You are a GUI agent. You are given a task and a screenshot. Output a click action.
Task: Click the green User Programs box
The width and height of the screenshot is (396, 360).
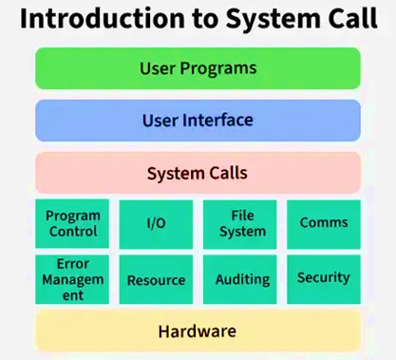(198, 68)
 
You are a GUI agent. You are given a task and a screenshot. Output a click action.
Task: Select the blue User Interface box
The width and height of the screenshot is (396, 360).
(198, 121)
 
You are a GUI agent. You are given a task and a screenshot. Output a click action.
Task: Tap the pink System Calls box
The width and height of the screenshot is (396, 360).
(198, 173)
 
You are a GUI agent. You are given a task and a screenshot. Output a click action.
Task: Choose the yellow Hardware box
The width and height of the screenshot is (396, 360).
(198, 332)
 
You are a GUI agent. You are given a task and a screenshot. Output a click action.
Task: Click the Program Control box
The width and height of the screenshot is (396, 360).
(72, 223)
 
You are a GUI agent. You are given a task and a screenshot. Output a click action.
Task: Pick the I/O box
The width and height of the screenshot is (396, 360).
(156, 223)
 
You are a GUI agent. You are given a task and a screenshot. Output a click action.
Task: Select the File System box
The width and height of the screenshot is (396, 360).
(241, 223)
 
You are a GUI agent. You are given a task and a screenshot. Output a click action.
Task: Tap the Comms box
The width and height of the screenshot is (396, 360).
(324, 223)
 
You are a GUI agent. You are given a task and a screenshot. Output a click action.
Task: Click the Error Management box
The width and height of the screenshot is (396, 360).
(72, 279)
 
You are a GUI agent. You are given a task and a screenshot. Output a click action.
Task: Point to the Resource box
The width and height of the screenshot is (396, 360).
(156, 279)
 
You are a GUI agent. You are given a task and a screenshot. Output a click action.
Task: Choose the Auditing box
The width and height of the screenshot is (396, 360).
(241, 279)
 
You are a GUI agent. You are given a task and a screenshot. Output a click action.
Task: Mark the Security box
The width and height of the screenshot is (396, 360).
(324, 278)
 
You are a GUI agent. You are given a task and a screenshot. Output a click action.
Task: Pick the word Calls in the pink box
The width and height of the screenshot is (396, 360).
(227, 173)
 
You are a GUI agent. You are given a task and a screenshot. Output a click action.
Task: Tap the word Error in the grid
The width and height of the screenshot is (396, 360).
(72, 263)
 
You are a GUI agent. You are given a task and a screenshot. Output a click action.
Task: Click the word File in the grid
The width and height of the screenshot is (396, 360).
(241, 216)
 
